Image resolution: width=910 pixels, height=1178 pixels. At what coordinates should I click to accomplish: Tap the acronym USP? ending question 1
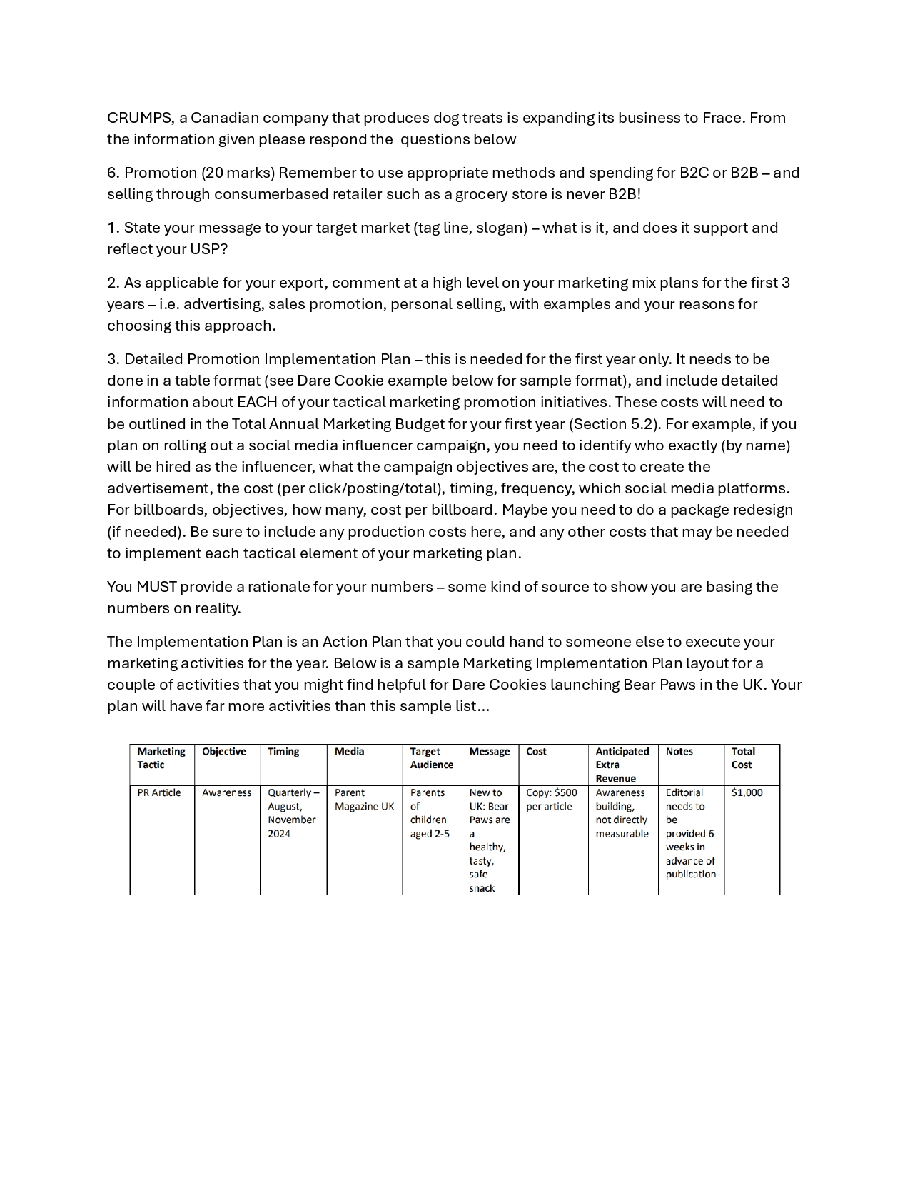coord(208,249)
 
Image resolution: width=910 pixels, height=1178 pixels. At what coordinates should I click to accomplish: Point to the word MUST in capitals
coord(156,587)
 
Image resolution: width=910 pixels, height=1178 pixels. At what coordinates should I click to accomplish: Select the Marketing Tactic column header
coord(161,758)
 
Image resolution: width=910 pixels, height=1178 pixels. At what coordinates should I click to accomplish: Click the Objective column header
coord(223,752)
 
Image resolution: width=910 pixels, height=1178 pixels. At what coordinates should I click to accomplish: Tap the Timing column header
coord(283,752)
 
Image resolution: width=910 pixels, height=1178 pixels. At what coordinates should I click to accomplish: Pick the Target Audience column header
coord(431,758)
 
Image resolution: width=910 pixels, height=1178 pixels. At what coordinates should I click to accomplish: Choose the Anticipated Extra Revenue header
coord(622,765)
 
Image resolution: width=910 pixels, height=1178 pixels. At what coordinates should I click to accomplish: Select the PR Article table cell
coord(158,793)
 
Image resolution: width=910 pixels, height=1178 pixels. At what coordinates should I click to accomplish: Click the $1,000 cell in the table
coord(747,793)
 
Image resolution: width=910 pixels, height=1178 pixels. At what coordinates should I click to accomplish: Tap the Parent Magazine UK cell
coord(363,800)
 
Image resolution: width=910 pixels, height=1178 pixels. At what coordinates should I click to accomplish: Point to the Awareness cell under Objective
coord(226,793)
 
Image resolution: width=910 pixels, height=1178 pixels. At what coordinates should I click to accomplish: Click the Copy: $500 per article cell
coord(551,800)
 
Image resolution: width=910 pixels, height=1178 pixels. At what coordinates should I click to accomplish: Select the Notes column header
coord(679,752)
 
